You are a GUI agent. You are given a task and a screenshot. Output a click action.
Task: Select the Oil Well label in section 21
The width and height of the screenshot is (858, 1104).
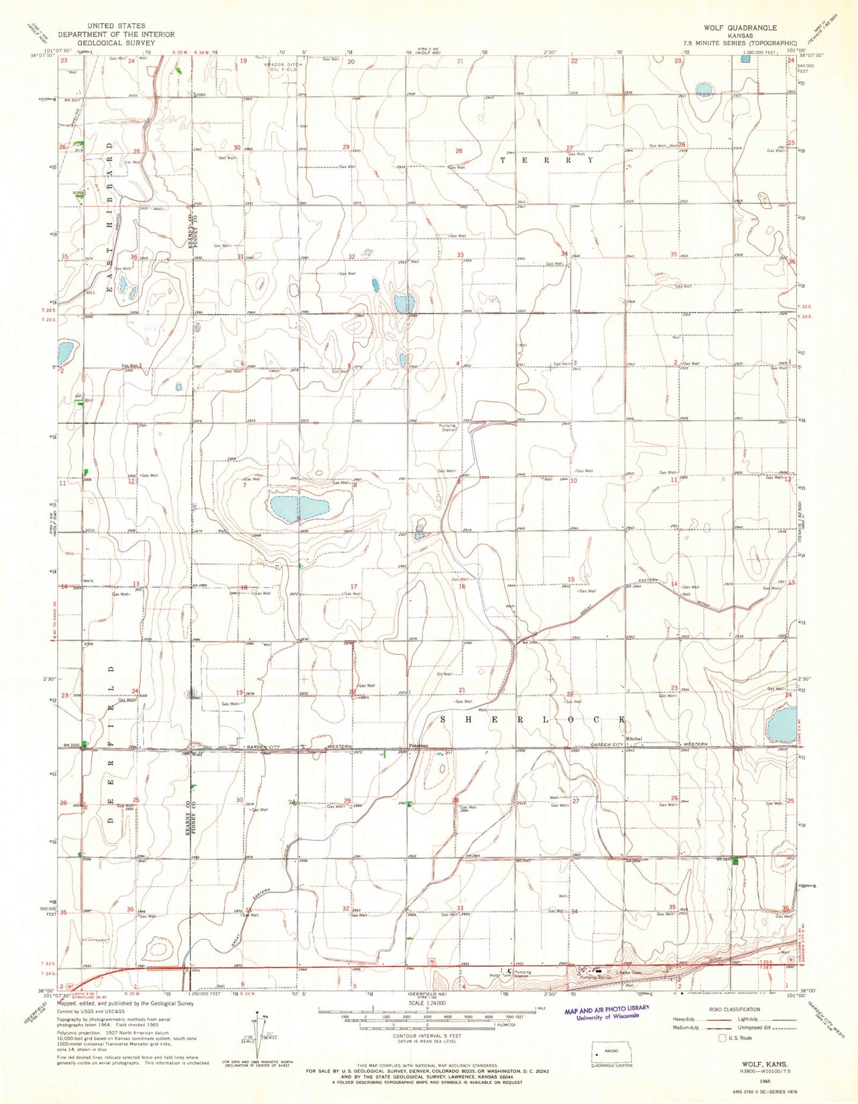pos(445,674)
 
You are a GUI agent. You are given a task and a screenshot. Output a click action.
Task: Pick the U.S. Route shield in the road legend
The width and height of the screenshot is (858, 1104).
pos(723,1038)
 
